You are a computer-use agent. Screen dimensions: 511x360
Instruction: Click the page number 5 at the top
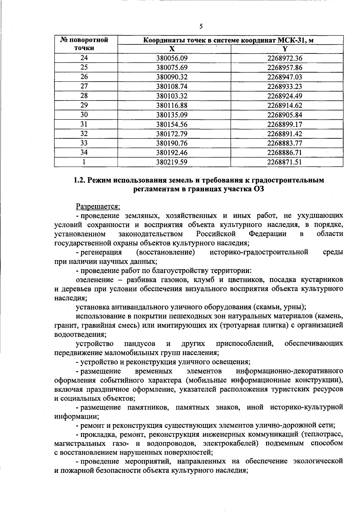[201, 26]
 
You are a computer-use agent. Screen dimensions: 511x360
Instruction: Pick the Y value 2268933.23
[285, 86]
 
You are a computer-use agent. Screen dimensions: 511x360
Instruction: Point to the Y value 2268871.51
[285, 162]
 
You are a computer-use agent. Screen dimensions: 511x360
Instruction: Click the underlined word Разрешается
[98, 206]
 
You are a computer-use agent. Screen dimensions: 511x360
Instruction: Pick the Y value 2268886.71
[285, 153]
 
